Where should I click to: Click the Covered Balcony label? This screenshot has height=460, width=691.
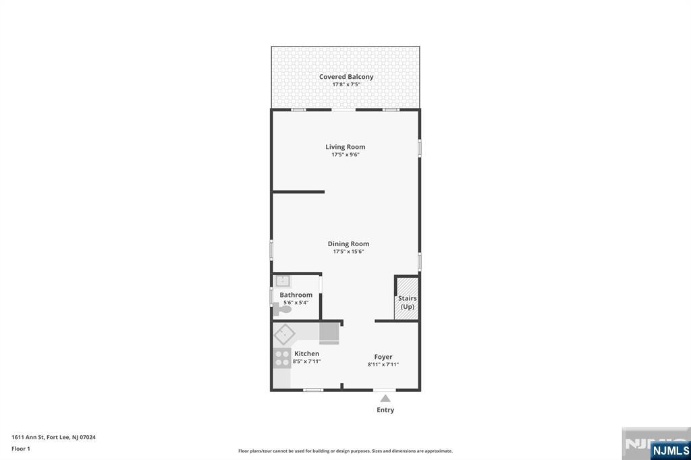346,77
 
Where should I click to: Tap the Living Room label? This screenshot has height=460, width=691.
345,147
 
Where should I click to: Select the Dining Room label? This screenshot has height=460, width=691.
348,243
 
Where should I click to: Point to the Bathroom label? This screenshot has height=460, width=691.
296,295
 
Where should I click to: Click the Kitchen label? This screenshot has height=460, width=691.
307,353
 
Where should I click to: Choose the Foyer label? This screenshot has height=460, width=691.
383,357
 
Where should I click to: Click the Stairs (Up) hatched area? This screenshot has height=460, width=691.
406,298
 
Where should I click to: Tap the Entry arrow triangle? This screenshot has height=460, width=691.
385,399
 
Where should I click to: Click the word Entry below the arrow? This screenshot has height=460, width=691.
385,410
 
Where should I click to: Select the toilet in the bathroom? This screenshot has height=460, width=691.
282,310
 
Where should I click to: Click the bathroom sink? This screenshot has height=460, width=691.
283,281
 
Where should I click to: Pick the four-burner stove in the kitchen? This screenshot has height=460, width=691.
282,357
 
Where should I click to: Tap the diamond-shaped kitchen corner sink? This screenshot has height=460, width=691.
285,335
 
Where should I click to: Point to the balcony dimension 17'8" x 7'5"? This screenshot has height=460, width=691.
346,84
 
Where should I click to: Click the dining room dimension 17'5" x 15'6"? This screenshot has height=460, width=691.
348,252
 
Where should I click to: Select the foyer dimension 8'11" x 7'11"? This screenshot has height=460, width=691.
383,364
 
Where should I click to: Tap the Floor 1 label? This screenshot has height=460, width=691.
21,449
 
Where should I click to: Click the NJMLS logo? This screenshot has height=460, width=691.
671,451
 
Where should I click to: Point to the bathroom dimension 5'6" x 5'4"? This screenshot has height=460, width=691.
296,303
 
